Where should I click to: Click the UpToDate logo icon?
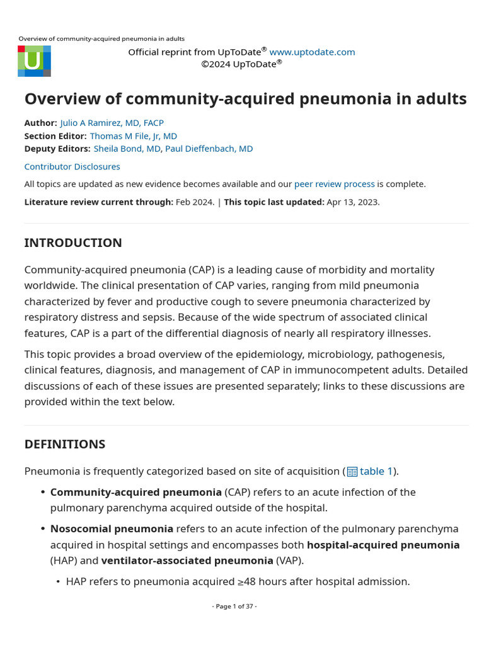coord(34,61)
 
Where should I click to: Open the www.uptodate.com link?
coord(312,52)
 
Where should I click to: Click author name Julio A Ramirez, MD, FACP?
coord(112,123)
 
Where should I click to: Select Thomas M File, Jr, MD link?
coord(133,135)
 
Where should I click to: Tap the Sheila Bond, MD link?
coord(127,149)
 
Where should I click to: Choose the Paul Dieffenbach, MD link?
coord(209,149)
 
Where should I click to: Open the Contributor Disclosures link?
coord(72,166)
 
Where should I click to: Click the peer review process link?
coord(334,184)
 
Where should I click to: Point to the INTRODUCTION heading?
coord(73,243)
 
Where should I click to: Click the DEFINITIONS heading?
coord(65,444)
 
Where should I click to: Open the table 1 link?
coord(376,471)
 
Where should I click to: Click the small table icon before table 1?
coord(352,472)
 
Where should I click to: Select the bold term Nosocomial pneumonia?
coord(112,528)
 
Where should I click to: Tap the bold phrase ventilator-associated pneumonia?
coord(187,560)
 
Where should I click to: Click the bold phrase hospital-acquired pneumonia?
coord(383,544)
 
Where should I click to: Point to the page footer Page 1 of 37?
coord(234,606)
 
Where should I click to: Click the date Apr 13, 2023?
coord(353,202)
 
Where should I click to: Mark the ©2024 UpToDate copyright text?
coord(241,64)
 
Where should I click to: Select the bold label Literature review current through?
coord(98,202)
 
